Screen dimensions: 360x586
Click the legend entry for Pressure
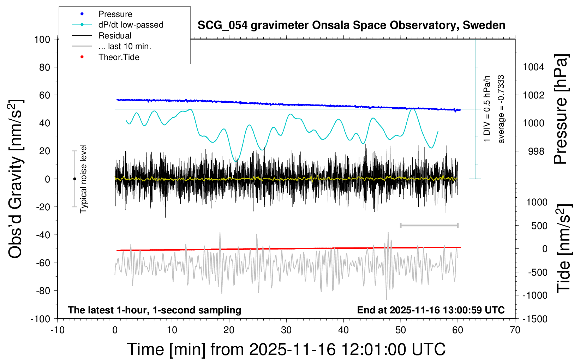[115, 14]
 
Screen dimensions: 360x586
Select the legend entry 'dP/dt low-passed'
[131, 25]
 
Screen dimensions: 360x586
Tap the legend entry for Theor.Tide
[119, 57]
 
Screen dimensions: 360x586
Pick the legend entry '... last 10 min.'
[125, 46]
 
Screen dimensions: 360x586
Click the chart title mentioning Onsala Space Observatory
[351, 25]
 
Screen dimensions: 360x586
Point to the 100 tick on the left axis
[42, 39]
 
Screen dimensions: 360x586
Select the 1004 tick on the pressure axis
[533, 67]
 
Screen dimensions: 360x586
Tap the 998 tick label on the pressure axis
[536, 151]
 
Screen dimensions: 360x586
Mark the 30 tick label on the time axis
[286, 330]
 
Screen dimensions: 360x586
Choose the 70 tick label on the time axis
[515, 330]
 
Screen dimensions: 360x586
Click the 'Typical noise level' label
[83, 179]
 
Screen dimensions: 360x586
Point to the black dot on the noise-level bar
[74, 179]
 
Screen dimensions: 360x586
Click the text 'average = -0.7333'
[501, 109]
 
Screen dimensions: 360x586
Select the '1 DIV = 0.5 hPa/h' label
[487, 109]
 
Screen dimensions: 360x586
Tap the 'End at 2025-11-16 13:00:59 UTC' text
[431, 310]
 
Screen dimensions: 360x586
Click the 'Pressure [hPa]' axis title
[561, 109]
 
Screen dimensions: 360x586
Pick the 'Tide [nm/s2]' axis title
[563, 248]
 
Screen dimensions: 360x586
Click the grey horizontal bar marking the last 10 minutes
[429, 225]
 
